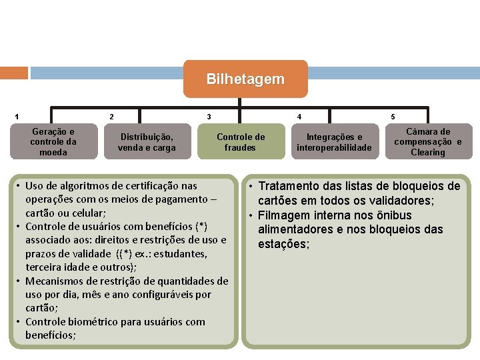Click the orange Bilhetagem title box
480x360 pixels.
click(x=245, y=79)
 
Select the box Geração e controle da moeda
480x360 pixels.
click(x=53, y=142)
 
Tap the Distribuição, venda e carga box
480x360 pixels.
click(x=147, y=142)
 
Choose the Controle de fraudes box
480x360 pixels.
click(x=241, y=142)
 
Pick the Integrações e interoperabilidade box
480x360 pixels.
click(x=334, y=142)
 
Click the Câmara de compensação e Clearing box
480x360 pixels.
click(x=428, y=142)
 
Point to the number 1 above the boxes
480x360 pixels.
click(x=17, y=117)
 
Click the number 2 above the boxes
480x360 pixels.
click(x=111, y=117)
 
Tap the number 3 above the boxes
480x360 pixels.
click(x=209, y=117)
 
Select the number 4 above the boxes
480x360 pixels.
click(x=299, y=117)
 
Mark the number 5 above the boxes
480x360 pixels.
click(x=393, y=117)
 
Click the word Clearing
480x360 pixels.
click(x=428, y=153)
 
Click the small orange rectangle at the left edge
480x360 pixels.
click(x=14, y=73)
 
